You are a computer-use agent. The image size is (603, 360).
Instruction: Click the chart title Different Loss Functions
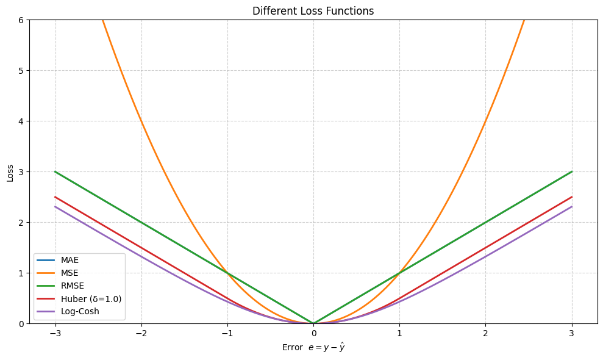[x=313, y=11]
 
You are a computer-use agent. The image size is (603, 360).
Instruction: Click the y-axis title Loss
[x=10, y=171]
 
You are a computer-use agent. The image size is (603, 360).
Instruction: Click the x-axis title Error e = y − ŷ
[x=313, y=348]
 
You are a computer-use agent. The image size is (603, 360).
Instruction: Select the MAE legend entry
[x=70, y=260]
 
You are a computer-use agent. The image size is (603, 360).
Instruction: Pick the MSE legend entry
[x=70, y=273]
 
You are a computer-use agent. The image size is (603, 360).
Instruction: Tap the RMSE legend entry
[x=72, y=286]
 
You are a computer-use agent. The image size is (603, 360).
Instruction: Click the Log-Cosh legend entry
[x=79, y=311]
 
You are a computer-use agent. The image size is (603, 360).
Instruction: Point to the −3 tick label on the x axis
[x=55, y=334]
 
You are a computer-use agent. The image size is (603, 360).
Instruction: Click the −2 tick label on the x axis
[x=141, y=334]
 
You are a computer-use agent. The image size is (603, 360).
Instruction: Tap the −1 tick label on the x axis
[x=227, y=334]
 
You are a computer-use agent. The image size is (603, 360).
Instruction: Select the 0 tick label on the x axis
[x=313, y=334]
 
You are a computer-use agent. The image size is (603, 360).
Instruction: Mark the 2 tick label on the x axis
[x=485, y=334]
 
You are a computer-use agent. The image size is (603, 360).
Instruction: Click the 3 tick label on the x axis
[x=571, y=334]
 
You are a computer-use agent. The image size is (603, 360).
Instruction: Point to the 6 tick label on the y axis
[x=21, y=20]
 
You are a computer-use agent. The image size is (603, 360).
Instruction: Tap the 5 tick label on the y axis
[x=21, y=70]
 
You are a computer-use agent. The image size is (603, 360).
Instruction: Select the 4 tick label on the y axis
[x=21, y=121]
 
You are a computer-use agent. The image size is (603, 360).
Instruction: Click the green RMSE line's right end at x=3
[x=571, y=171]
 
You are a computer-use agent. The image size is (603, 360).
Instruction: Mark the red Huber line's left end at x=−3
[x=55, y=197]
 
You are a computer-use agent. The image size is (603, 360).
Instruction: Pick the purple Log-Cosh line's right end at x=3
[x=571, y=207]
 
